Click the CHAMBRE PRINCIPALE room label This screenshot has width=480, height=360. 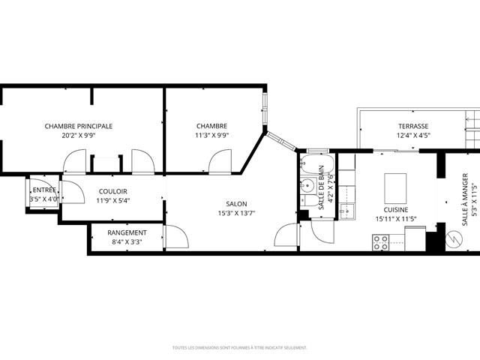(79, 126)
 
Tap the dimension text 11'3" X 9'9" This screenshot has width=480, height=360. (212, 136)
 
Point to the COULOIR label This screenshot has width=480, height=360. (112, 191)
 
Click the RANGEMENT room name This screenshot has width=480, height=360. (127, 232)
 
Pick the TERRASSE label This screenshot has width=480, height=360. (413, 126)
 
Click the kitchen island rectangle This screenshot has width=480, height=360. (395, 184)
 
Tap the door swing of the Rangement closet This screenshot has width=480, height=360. (176, 238)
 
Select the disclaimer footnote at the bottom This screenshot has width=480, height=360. (239, 347)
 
